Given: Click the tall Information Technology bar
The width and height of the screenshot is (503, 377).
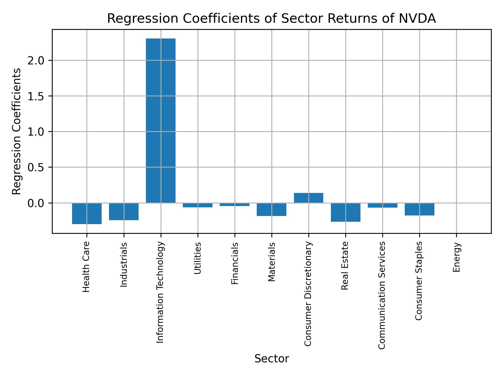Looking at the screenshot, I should pos(161,120).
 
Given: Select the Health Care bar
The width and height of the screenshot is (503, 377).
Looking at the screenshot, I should pos(87,213).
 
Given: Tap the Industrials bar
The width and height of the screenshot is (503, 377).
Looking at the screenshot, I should pos(124,212).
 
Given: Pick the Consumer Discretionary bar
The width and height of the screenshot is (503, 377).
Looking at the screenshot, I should pos(308,198).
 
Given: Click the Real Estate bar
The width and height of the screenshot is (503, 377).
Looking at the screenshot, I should pos(345,212).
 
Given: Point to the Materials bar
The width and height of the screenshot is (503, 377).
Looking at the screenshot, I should pos(271,209).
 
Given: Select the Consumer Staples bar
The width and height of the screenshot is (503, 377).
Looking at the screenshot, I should pos(419,209).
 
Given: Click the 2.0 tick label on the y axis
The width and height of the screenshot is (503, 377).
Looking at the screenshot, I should pos(36,61).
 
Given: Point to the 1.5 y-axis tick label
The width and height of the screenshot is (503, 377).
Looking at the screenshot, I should pos(36,96).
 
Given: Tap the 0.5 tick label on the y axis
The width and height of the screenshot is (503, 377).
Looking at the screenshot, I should pos(36,168).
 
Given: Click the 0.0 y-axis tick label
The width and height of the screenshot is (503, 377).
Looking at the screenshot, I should pos(36,203).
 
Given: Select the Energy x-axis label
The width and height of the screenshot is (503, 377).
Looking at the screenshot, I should pos(456,257).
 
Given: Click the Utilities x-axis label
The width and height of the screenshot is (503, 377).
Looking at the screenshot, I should pos(198,258).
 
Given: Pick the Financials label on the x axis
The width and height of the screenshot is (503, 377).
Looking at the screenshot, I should pos(234,263).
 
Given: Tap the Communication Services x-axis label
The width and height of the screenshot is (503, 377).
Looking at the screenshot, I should pos(382,295).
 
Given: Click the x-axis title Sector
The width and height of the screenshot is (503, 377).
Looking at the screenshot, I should pos(271,359).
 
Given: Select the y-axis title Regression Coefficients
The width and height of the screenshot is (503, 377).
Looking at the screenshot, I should pos(17,131).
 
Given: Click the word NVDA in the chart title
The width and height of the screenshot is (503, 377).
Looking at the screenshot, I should pos(417,19).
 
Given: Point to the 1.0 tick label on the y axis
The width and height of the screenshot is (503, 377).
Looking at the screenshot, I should pos(36,132).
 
